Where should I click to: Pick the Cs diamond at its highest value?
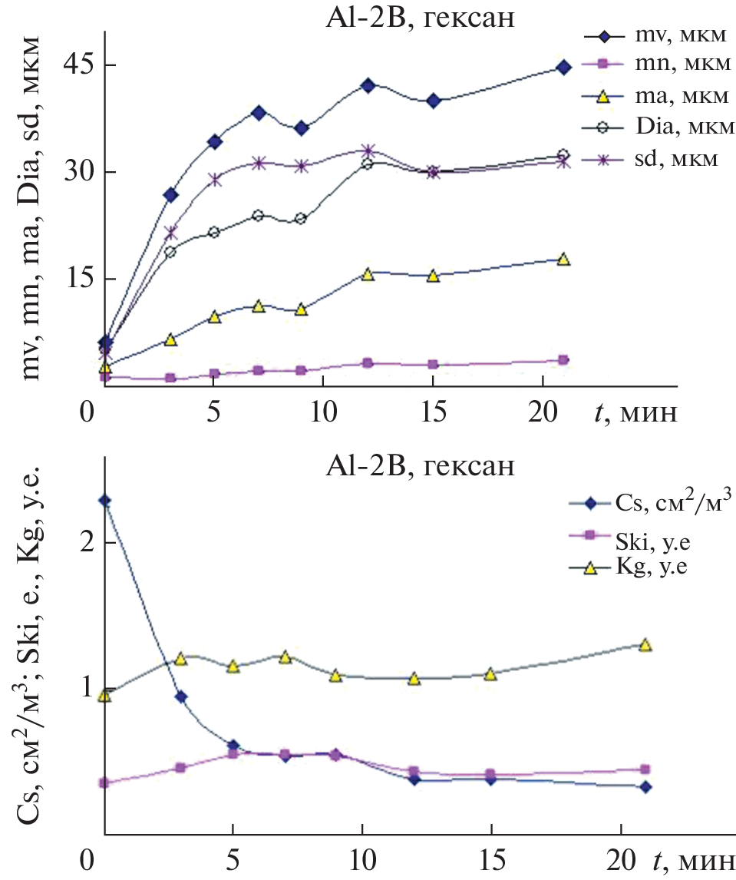point(105,501)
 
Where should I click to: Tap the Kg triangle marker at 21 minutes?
point(645,644)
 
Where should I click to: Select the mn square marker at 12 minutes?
point(368,362)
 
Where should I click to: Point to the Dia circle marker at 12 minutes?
point(368,163)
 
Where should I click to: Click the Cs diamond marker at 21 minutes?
point(645,786)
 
